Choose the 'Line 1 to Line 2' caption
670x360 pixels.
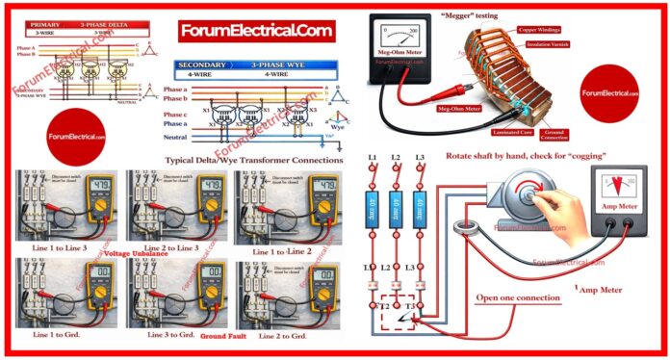[281, 251]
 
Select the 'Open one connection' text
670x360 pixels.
[518, 298]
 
